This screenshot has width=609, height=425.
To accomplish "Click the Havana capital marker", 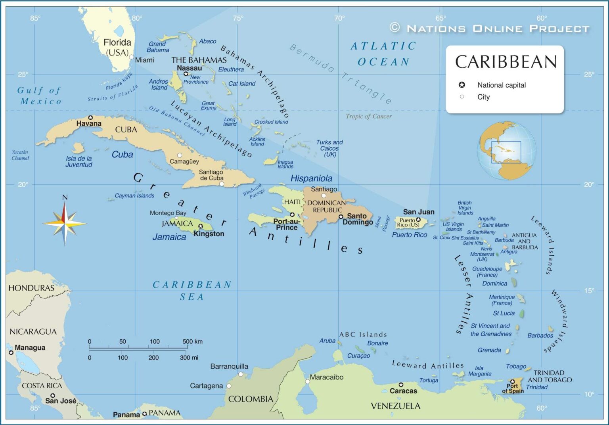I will click(x=90, y=118).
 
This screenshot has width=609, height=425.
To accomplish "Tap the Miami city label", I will click(x=144, y=60).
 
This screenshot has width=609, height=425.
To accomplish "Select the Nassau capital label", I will click(x=189, y=68).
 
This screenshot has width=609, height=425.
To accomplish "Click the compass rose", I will click(x=65, y=224).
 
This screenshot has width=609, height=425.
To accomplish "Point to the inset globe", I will click(x=506, y=151).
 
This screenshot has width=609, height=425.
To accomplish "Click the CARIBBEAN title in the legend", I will click(x=506, y=62).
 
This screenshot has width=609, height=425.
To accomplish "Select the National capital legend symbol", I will click(x=462, y=85).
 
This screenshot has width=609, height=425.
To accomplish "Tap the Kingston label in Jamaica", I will click(x=209, y=234).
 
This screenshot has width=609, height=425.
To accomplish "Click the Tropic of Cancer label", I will click(x=368, y=116).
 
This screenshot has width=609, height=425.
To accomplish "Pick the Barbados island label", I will click(x=540, y=335).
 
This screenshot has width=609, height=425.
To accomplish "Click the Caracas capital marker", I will click(x=401, y=385).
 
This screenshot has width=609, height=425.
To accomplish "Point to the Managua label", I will click(x=30, y=348).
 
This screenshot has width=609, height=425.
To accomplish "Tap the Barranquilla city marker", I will click(x=241, y=374).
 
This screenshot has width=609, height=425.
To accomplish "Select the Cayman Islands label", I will click(x=134, y=195).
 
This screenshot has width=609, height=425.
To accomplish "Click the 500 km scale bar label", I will click(x=193, y=341).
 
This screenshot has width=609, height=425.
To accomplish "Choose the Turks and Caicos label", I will click(x=329, y=148).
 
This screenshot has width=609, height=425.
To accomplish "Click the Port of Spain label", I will click(x=513, y=388).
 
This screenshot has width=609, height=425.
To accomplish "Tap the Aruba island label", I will click(x=327, y=341).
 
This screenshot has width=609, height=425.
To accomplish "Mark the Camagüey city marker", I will click(x=180, y=155).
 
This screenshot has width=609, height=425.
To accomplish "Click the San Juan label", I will click(x=418, y=212).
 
